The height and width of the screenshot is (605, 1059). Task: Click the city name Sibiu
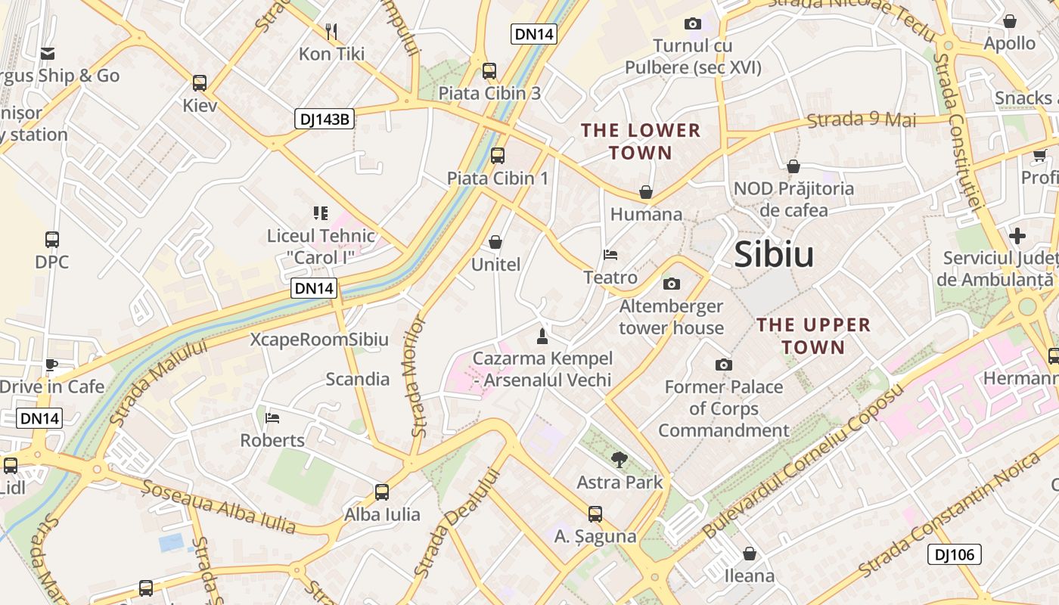[774, 255]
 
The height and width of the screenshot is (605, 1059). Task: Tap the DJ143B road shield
[325, 118]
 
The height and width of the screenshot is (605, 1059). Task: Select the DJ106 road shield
[954, 554]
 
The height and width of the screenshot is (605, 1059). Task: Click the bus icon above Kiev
[200, 82]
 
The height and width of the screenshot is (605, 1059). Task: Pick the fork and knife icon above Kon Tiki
[331, 31]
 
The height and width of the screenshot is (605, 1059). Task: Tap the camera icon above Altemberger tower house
[671, 284]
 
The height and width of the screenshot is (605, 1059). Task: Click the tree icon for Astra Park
[620, 459]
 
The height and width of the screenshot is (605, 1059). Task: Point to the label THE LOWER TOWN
[641, 141]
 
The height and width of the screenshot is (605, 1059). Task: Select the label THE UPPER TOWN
[814, 336]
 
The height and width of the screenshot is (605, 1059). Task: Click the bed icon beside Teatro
[610, 254]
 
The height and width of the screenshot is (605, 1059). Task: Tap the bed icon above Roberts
[272, 417]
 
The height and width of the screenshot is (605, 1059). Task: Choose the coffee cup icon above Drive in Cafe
[51, 364]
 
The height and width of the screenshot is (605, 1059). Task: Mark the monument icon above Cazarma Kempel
[542, 334]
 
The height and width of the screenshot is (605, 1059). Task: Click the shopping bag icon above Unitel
[495, 242]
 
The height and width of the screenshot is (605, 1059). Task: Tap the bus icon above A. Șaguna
[595, 514]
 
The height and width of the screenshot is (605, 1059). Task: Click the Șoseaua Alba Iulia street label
[219, 507]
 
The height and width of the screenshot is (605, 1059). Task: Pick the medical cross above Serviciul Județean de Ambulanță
[1017, 235]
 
